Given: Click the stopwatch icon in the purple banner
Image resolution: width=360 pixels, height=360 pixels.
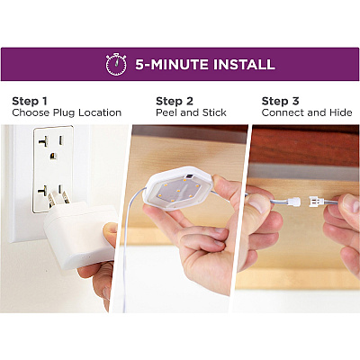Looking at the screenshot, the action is click(x=116, y=64).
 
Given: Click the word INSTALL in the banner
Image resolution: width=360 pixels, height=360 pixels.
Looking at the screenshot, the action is click(x=244, y=65).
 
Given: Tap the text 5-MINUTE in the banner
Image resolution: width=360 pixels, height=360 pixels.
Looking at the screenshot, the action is click(x=172, y=65).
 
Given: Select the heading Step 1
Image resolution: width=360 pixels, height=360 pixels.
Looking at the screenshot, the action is click(x=30, y=101).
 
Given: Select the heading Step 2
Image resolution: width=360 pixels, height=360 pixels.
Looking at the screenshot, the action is click(x=175, y=101).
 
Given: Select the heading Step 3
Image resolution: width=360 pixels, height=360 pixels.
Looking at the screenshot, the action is click(x=280, y=101).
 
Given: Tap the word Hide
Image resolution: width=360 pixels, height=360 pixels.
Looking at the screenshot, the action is click(x=340, y=112).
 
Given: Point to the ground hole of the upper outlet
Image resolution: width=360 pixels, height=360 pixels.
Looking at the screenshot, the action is click(x=53, y=156).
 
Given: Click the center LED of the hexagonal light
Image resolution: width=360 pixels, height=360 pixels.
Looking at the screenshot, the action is click(x=178, y=191).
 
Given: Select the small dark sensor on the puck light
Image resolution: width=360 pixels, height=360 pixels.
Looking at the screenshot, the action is click(x=190, y=176).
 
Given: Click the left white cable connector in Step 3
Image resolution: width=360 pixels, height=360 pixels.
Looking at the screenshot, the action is click(x=293, y=202).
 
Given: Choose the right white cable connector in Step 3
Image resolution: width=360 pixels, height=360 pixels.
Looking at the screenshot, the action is click(x=316, y=202).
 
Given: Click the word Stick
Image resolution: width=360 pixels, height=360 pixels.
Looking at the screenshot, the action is click(x=214, y=112).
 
